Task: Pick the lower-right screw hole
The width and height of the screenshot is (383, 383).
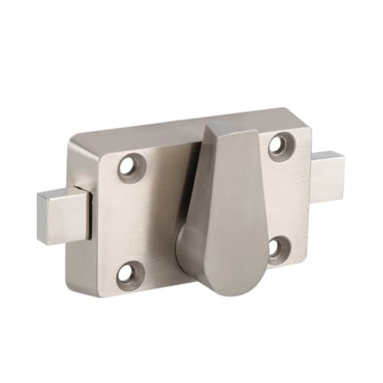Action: click(x=280, y=247)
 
